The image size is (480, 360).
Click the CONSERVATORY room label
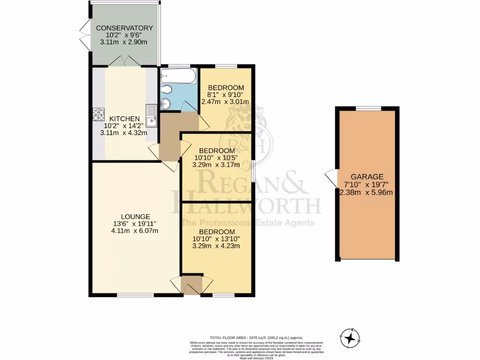click(x=124, y=28)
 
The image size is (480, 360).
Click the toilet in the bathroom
click(x=167, y=90)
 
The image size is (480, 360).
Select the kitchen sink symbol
click(x=151, y=116)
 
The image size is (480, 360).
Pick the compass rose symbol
click(x=350, y=337)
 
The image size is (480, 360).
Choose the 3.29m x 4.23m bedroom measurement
click(x=216, y=247)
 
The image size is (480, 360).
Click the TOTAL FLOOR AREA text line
click(x=256, y=337)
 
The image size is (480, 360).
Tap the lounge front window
click(x=135, y=295)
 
